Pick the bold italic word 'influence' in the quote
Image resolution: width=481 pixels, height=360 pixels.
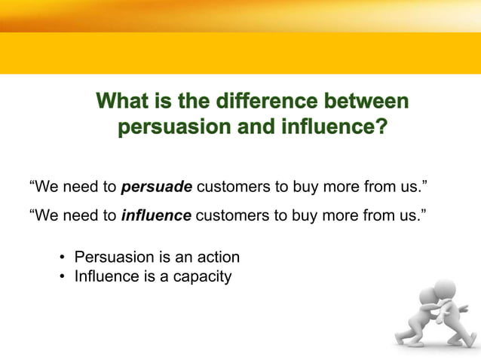pos(156,216)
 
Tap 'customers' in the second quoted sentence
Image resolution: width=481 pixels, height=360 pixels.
pos(230,216)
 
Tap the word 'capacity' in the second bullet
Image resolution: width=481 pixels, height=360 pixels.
pos(203,277)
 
